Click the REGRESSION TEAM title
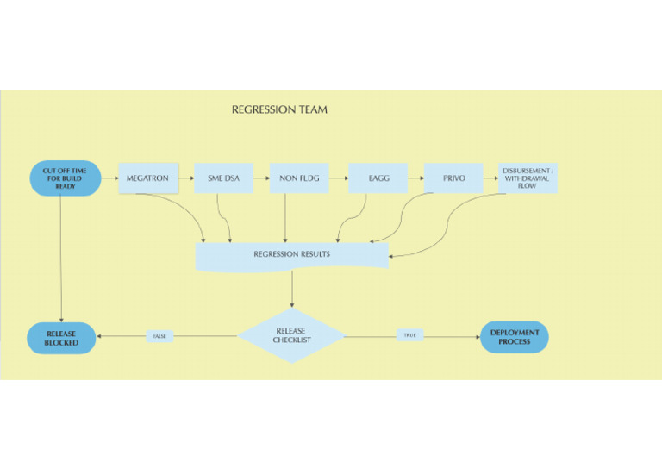pyautogui.click(x=279, y=110)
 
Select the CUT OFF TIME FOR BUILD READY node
pyautogui.click(x=66, y=178)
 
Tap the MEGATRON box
pyautogui.click(x=147, y=178)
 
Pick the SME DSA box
pyautogui.click(x=223, y=178)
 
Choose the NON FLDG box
pyautogui.click(x=299, y=178)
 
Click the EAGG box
pyautogui.click(x=378, y=178)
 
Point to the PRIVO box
pyautogui.click(x=453, y=178)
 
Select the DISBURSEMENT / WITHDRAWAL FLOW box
pyautogui.click(x=528, y=178)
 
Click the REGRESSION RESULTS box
pyautogui.click(x=291, y=255)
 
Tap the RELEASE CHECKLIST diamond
pyautogui.click(x=290, y=335)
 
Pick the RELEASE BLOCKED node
pyautogui.click(x=61, y=338)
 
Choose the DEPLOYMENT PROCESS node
pyautogui.click(x=515, y=337)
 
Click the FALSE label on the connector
pyautogui.click(x=159, y=336)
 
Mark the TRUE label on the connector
pyautogui.click(x=409, y=335)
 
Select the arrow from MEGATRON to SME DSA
pyautogui.click(x=185, y=178)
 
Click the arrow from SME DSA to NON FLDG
pyautogui.click(x=261, y=178)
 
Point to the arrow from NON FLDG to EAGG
pyautogui.click(x=338, y=178)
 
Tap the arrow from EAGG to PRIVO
pyautogui.click(x=415, y=178)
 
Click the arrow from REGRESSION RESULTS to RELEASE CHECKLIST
pyautogui.click(x=291, y=290)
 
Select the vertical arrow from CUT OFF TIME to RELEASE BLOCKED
pyautogui.click(x=61, y=259)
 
